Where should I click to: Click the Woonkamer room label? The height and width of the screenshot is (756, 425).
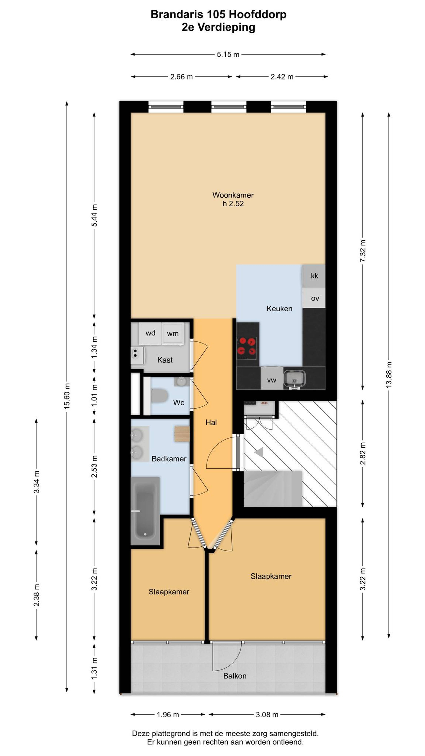pos(233,195)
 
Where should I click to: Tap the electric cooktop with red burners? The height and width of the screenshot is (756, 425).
pos(246,348)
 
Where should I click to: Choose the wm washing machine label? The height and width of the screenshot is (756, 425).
pos(173,334)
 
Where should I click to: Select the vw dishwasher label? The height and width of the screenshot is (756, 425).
pos(272,380)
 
